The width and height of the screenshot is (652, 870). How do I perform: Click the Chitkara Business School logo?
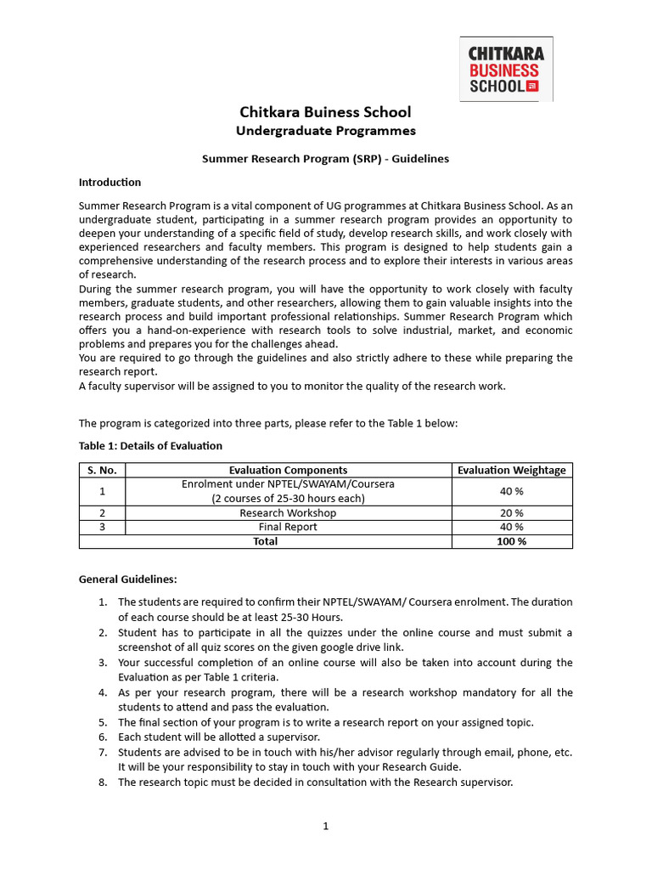[x=506, y=69]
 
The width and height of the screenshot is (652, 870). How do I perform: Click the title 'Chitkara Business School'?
[x=325, y=112]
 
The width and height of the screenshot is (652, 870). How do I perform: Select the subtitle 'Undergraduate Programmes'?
[x=325, y=131]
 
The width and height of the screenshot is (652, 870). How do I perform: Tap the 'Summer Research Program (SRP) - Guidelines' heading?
[x=325, y=159]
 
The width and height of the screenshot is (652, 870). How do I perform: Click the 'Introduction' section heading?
[x=110, y=183]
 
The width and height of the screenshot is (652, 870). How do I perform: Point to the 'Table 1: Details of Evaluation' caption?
[x=150, y=446]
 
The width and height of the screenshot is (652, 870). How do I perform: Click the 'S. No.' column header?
[x=102, y=470]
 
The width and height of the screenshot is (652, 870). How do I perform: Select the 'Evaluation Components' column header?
[x=288, y=470]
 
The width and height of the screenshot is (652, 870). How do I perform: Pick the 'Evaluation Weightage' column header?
[x=511, y=470]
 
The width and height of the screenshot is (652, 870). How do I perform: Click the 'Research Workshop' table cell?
[x=288, y=513]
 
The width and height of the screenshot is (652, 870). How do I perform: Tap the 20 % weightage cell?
[x=511, y=513]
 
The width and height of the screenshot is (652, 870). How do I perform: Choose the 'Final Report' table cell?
[x=288, y=527]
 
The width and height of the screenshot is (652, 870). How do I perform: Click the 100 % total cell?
[x=511, y=541]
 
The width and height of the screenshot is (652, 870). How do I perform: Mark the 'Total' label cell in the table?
[x=265, y=541]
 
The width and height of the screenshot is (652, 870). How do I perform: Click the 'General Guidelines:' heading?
[x=127, y=579]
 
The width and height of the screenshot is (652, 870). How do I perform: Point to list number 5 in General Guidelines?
[x=102, y=722]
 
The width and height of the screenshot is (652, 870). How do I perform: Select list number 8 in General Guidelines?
[x=102, y=782]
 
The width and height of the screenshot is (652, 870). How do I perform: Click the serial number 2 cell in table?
[x=102, y=513]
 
